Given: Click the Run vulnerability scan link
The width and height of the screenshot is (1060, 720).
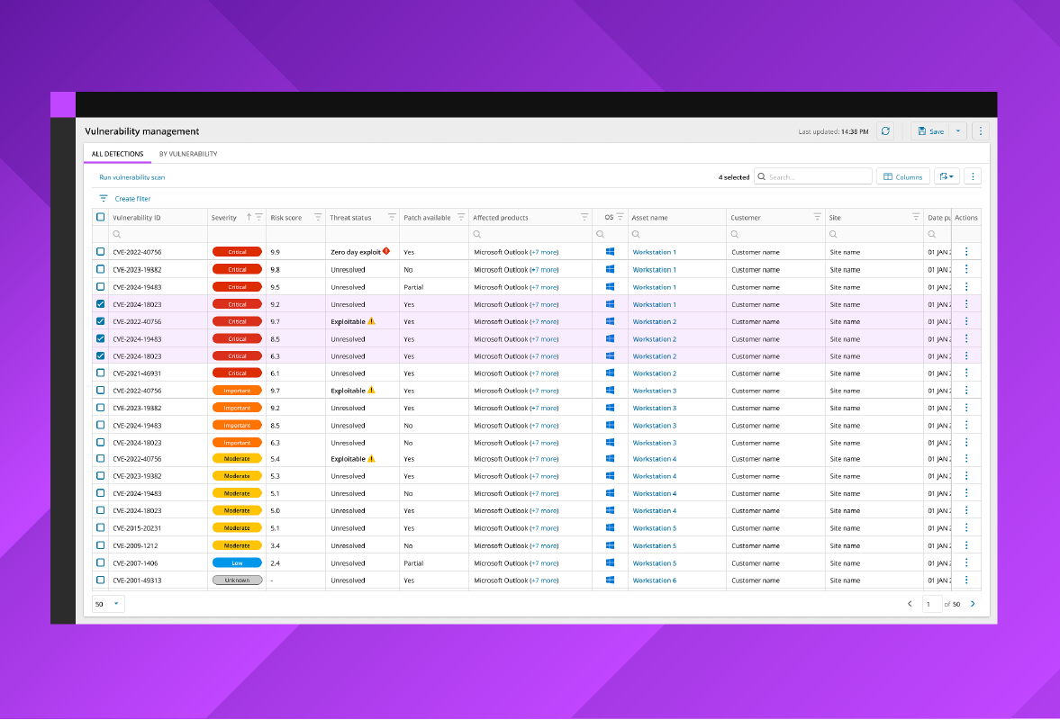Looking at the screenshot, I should [x=131, y=177].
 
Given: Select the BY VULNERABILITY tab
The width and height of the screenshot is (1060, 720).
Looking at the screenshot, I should [x=187, y=154].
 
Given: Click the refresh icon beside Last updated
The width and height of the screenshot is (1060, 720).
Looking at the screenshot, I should [x=886, y=131].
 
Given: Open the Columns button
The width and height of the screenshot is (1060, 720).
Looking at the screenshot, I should [x=903, y=177].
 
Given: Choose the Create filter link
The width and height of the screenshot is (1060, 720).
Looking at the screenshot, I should [x=132, y=199].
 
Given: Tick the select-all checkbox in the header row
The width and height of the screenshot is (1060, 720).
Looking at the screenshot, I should [x=100, y=217].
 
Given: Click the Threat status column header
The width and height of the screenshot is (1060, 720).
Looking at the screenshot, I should [x=350, y=218].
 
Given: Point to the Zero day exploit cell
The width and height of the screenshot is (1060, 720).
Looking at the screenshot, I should [x=357, y=252].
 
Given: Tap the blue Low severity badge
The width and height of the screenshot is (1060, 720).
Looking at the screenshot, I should [x=237, y=563].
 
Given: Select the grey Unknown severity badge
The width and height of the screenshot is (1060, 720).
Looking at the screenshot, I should [x=237, y=580].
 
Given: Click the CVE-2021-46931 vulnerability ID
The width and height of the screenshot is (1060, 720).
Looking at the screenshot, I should [x=137, y=373].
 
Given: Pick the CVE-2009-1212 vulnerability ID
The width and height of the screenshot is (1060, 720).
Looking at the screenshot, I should [x=135, y=545].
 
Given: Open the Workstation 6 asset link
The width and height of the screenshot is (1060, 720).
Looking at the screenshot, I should [x=654, y=580].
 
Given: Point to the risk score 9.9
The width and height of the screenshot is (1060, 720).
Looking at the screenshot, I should [x=275, y=252].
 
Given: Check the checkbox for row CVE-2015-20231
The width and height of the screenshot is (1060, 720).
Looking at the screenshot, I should [x=100, y=528].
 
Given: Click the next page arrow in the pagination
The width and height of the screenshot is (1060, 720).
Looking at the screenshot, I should [x=973, y=604].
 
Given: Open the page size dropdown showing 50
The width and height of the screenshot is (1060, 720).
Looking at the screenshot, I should [x=108, y=604].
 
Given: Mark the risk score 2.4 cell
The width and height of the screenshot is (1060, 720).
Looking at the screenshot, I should [x=275, y=563].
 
